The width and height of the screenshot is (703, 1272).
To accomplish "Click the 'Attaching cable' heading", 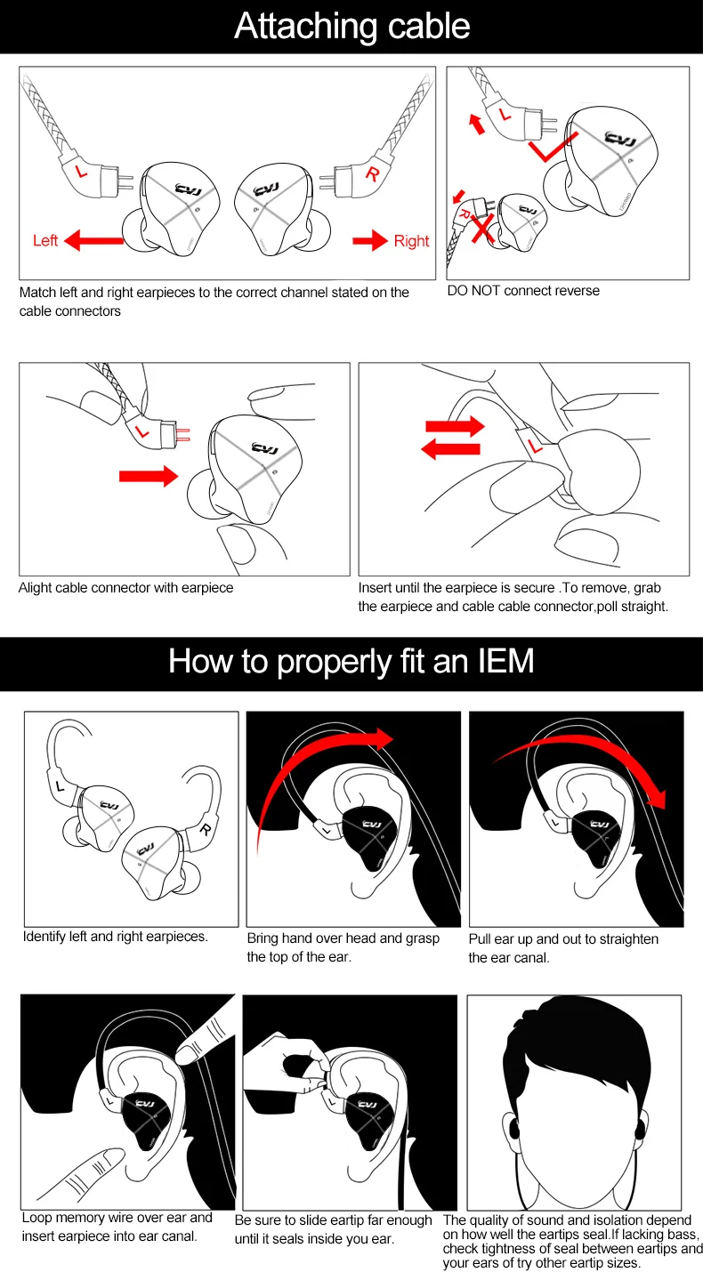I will (x=351, y=27).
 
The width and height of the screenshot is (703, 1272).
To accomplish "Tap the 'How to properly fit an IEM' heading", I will (x=351, y=663).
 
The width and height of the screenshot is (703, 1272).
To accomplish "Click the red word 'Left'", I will (x=45, y=240).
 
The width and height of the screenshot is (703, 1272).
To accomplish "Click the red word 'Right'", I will (x=411, y=240).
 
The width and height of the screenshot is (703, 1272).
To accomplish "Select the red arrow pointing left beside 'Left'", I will (x=94, y=238).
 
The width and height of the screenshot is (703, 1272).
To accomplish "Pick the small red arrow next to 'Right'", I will (x=368, y=239).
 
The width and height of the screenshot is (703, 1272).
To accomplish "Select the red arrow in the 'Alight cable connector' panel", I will (x=148, y=476).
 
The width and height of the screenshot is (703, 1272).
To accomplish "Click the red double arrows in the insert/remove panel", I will (x=452, y=438).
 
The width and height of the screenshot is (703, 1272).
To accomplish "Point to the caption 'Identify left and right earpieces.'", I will (x=116, y=937).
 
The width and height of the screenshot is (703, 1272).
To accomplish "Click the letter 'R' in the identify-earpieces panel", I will (x=205, y=831).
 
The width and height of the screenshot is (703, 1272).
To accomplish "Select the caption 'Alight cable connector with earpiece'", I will (x=125, y=588).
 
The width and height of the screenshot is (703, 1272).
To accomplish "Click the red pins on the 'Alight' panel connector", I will (x=182, y=433).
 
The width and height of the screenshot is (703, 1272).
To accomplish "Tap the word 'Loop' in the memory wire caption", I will (x=36, y=1218).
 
